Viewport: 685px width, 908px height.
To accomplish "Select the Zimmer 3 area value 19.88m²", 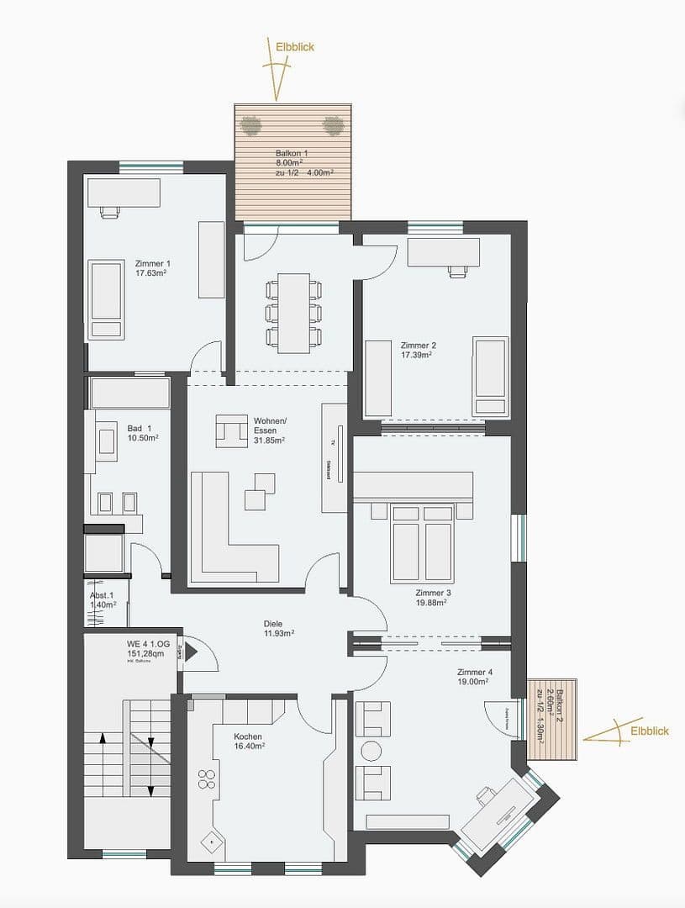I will pyautogui.click(x=433, y=602).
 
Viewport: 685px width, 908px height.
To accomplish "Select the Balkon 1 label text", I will pyautogui.click(x=292, y=154).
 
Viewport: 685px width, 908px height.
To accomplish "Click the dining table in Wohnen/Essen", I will pyautogui.click(x=292, y=313).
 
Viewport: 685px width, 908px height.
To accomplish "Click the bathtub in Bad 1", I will pyautogui.click(x=130, y=393).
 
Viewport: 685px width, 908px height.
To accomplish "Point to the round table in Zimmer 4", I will pyautogui.click(x=371, y=750).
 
